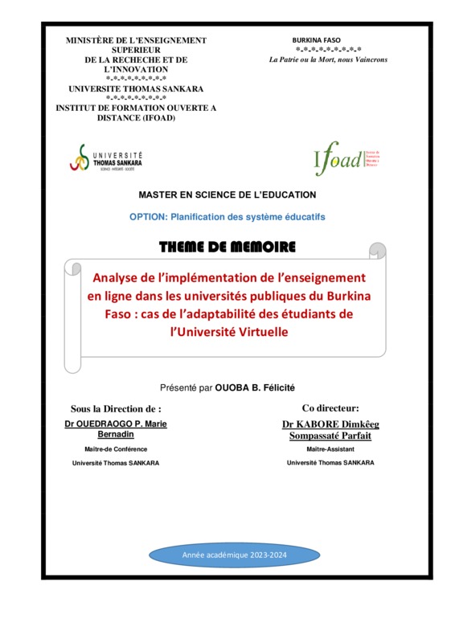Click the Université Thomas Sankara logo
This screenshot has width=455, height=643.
pyautogui.click(x=107, y=158)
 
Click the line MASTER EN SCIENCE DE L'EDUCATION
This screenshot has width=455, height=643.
pyautogui.click(x=227, y=195)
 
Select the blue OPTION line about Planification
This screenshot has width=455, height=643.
pyautogui.click(x=227, y=217)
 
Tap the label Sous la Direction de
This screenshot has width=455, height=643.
pyautogui.click(x=116, y=408)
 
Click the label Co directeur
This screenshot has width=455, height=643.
pyautogui.click(x=330, y=408)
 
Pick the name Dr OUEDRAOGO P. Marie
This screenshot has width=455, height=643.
pyautogui.click(x=116, y=423)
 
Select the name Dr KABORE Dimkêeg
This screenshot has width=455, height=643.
pyautogui.click(x=330, y=423)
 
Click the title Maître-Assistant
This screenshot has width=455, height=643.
pyautogui.click(x=330, y=449)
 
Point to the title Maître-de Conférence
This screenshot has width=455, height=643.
pyautogui.click(x=116, y=449)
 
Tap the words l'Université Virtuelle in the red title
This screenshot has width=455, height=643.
pyautogui.click(x=234, y=330)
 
